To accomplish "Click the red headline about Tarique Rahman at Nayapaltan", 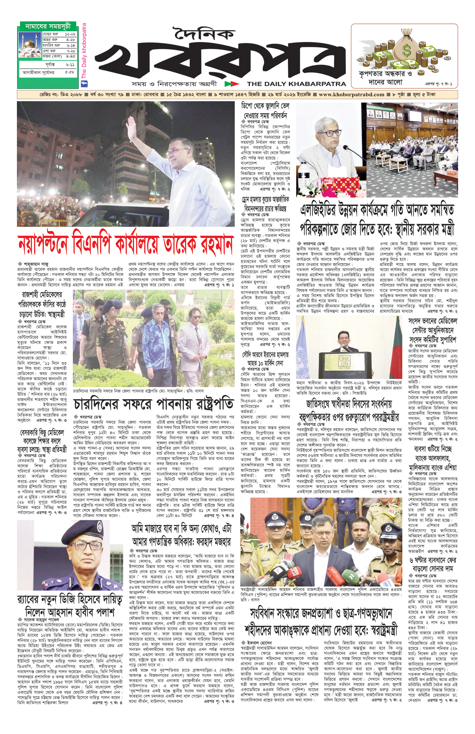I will pyautogui.click(x=125, y=244).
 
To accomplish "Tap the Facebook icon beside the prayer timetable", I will pyautogui.click(x=84, y=84).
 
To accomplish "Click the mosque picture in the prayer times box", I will pyautogui.click(x=30, y=45).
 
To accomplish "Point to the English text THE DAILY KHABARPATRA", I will pyautogui.click(x=296, y=84).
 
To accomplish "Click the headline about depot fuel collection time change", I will pyautogui.click(x=265, y=111).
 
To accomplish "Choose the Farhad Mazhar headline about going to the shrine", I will pyautogui.click(x=181, y=535).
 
